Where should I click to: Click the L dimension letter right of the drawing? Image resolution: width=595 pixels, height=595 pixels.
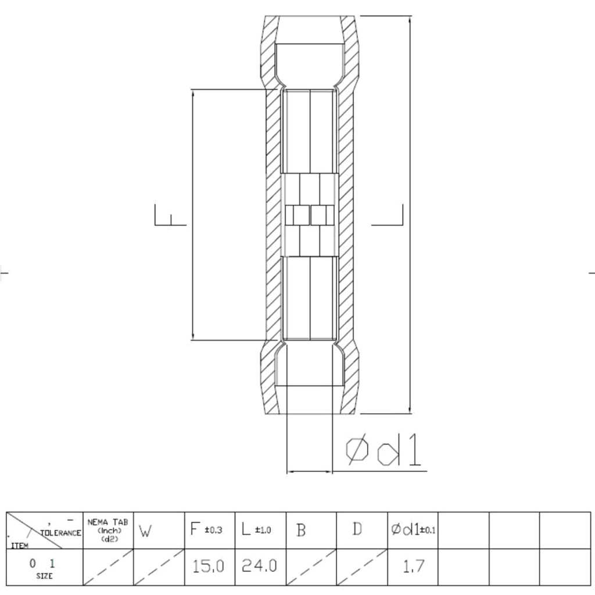(388, 215)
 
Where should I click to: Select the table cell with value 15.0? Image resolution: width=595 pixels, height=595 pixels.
(209, 565)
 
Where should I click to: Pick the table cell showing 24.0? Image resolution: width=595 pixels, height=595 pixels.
(259, 565)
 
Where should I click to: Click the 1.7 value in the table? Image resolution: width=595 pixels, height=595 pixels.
(413, 566)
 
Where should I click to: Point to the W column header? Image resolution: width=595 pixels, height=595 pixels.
(145, 531)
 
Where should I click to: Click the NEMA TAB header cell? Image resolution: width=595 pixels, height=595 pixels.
(107, 530)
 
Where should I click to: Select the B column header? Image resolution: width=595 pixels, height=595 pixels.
(301, 531)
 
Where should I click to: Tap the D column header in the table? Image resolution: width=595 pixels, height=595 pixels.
(357, 529)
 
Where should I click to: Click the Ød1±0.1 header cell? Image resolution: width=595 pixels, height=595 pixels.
(413, 530)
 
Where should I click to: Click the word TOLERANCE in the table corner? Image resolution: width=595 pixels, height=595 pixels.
(60, 532)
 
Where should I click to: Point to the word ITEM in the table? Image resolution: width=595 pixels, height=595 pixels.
(19, 545)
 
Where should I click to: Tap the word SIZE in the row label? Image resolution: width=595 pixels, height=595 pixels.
(44, 576)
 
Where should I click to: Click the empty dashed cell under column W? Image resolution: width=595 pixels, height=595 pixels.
(159, 567)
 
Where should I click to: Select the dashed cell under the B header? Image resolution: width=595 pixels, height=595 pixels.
(311, 567)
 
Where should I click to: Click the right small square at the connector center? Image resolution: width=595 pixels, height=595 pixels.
(318, 216)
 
